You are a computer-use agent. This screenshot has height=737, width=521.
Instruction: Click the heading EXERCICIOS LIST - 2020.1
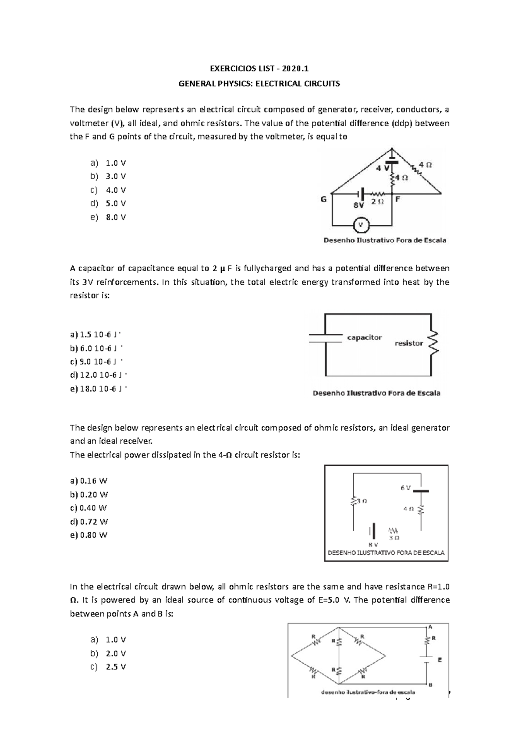259,69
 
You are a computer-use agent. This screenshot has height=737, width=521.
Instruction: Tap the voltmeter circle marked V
360,225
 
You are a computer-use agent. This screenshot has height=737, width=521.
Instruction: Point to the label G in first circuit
323,199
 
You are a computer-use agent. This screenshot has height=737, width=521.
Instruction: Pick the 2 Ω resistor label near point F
377,202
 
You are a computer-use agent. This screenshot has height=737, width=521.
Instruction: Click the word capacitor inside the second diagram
364,337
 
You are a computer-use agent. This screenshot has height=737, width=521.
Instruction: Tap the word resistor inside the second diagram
409,343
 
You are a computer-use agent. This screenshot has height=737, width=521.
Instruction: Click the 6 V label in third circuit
405,488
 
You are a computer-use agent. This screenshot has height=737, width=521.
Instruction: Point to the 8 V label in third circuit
373,544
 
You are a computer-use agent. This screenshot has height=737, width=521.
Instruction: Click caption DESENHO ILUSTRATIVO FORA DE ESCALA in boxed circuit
386,553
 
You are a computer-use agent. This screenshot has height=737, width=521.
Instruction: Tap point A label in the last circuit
430,627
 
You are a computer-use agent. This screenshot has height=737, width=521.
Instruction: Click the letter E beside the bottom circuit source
439,660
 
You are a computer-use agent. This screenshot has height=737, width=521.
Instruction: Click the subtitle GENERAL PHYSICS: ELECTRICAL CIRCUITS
259,84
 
